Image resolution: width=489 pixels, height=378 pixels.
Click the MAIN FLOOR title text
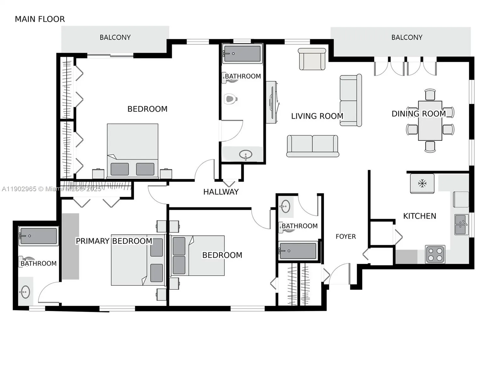40,19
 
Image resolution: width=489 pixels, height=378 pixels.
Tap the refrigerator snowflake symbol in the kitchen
422,183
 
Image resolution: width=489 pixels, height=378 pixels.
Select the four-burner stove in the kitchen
435,254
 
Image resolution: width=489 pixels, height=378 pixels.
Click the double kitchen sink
461,225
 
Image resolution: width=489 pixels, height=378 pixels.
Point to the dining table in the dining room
430,121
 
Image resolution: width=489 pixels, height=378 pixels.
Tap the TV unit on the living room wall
271,102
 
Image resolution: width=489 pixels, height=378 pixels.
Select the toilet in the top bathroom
230,99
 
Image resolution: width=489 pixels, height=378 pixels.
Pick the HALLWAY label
221,192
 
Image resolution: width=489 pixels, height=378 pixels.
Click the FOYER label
345,237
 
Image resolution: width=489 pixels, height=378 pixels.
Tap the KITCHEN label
419,216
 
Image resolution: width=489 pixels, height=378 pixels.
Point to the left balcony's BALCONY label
115,37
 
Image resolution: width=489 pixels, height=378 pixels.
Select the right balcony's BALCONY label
407,37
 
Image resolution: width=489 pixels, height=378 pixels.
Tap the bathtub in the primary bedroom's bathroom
38,236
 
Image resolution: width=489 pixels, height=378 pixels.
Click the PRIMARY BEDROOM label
114,241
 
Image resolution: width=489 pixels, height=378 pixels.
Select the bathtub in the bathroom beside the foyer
298,251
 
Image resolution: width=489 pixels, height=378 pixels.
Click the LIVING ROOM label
317,116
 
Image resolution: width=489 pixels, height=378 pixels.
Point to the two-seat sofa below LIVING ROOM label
312,146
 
